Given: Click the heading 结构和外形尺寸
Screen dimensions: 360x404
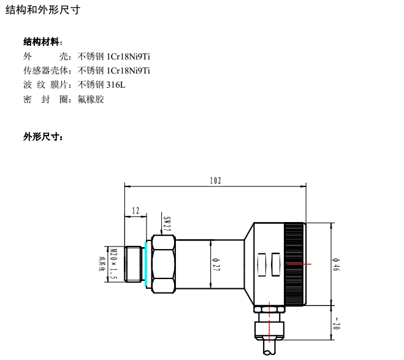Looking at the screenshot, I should point(42,10).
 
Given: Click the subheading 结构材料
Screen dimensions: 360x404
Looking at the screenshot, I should point(42,42).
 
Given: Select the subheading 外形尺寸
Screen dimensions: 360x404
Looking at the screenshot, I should point(42,137).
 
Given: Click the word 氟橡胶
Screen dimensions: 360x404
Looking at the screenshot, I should point(91,99).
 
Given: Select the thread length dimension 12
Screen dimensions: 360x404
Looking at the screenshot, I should point(135,210).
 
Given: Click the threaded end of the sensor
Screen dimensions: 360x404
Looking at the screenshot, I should point(133,264).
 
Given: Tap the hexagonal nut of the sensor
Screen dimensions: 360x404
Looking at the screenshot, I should point(162,264).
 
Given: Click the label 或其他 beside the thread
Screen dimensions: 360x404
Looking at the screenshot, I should point(104,264).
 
